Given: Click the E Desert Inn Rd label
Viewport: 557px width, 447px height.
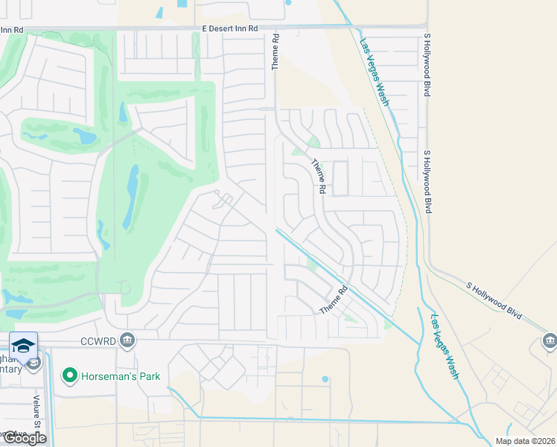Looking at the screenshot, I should (229, 28).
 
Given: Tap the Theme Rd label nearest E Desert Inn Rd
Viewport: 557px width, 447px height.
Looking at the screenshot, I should (275, 52).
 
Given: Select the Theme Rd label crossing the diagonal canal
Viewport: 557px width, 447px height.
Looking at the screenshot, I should (334, 300).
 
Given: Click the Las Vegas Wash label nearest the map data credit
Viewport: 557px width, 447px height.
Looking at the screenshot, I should (445, 347).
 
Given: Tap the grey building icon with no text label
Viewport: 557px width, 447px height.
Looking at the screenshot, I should (550, 342).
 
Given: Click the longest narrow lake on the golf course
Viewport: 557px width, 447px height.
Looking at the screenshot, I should (131, 195).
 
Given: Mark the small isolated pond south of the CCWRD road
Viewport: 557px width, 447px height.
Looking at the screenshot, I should (325, 379).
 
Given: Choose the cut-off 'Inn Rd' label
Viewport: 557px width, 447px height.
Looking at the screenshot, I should (12, 30).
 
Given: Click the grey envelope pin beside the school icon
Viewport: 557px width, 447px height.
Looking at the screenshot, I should (34, 362).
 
